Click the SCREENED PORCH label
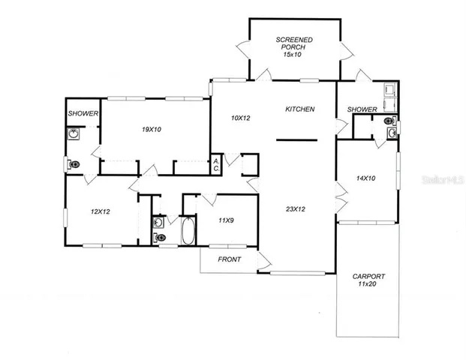coord(293,46)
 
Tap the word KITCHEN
coord(299,109)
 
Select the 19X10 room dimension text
coord(152,129)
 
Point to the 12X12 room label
coord(101,211)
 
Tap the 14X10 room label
coord(365,178)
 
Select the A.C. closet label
coord(216,165)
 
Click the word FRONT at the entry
coord(229,259)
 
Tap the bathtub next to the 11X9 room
coord(188,230)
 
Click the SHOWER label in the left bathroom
coord(82,113)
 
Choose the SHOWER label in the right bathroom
coord(362,109)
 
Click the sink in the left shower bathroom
coord(74,134)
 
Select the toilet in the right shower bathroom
coord(389,119)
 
